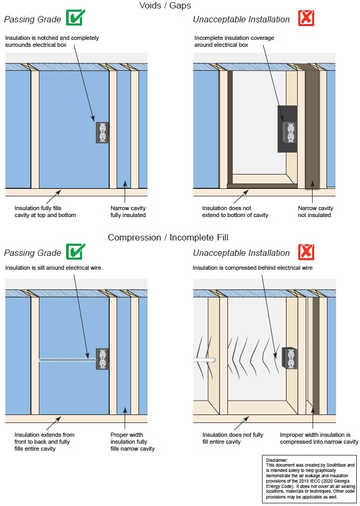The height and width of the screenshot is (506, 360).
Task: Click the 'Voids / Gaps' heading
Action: point(165,6)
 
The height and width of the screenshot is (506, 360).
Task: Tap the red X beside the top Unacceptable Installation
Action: point(306,18)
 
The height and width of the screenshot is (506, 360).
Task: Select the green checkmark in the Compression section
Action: point(75,252)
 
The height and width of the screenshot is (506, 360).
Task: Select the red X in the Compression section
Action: point(306,252)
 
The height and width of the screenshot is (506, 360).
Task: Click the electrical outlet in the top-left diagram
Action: point(102,132)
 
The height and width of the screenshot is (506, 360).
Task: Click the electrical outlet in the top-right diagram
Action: point(291,133)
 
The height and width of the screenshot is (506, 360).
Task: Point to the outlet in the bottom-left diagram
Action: point(102,359)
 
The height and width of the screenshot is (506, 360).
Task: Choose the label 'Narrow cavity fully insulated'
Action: point(128,211)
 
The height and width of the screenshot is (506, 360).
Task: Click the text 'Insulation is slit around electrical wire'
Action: point(53,268)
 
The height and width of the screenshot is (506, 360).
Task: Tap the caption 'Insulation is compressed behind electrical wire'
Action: point(252,268)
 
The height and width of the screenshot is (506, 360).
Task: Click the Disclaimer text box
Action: point(310,478)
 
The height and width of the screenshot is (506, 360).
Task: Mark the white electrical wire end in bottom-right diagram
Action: point(211,360)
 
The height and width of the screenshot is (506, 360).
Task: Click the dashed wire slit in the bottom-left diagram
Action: point(67,360)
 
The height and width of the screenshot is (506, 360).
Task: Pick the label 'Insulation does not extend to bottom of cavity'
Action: point(235,211)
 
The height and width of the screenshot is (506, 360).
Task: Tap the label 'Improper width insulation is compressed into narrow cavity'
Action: point(318,438)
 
